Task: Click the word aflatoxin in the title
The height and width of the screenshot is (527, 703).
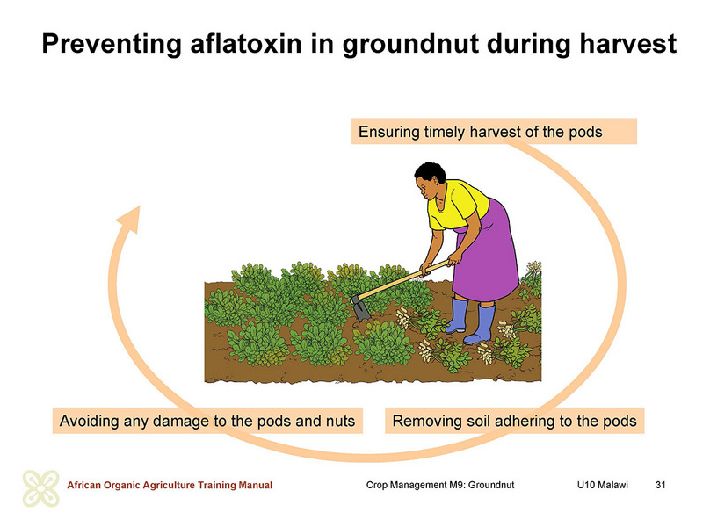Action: (246, 44)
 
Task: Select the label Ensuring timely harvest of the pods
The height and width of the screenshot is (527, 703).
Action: (480, 132)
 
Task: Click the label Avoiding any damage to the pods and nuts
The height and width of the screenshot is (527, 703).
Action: (207, 421)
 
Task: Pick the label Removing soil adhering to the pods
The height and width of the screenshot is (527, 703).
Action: (514, 421)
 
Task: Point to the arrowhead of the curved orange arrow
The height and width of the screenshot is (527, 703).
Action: (130, 219)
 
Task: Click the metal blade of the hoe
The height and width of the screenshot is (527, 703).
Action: (360, 308)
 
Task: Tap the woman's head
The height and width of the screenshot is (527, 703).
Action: (430, 182)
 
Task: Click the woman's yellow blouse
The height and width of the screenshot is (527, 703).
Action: (457, 205)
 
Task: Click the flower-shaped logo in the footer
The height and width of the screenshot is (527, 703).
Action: (40, 488)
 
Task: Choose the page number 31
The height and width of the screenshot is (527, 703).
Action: (660, 485)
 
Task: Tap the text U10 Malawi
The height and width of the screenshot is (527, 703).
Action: (602, 485)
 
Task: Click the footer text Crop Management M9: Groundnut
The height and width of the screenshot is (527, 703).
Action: (440, 485)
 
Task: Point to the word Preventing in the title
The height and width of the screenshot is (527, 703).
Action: (112, 44)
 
